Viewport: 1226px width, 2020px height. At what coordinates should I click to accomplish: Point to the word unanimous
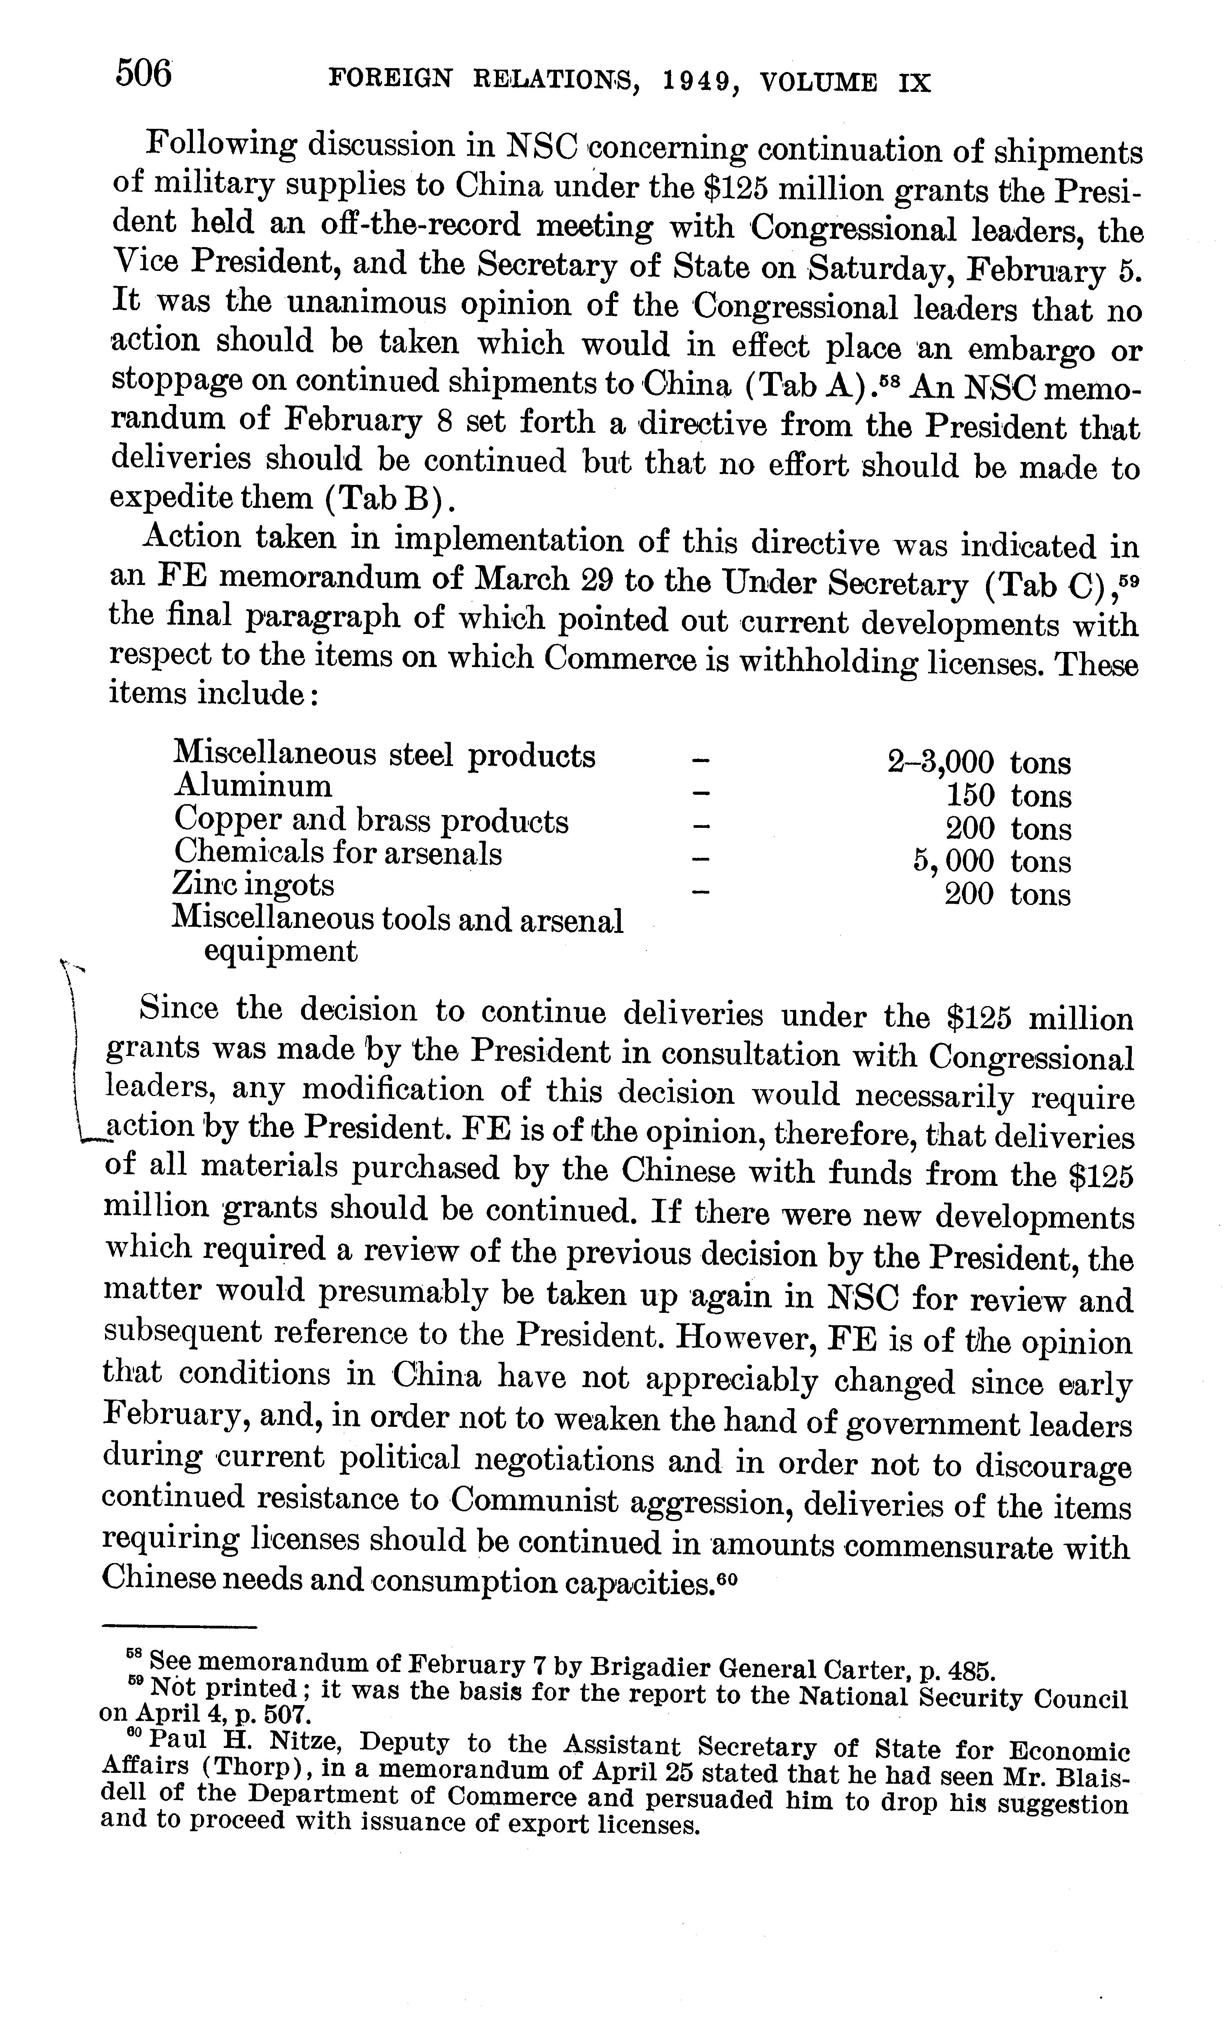click(x=369, y=304)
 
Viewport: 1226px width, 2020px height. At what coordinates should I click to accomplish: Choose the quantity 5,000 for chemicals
click(x=954, y=861)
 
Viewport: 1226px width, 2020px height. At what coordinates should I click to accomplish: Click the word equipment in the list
click(x=280, y=951)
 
